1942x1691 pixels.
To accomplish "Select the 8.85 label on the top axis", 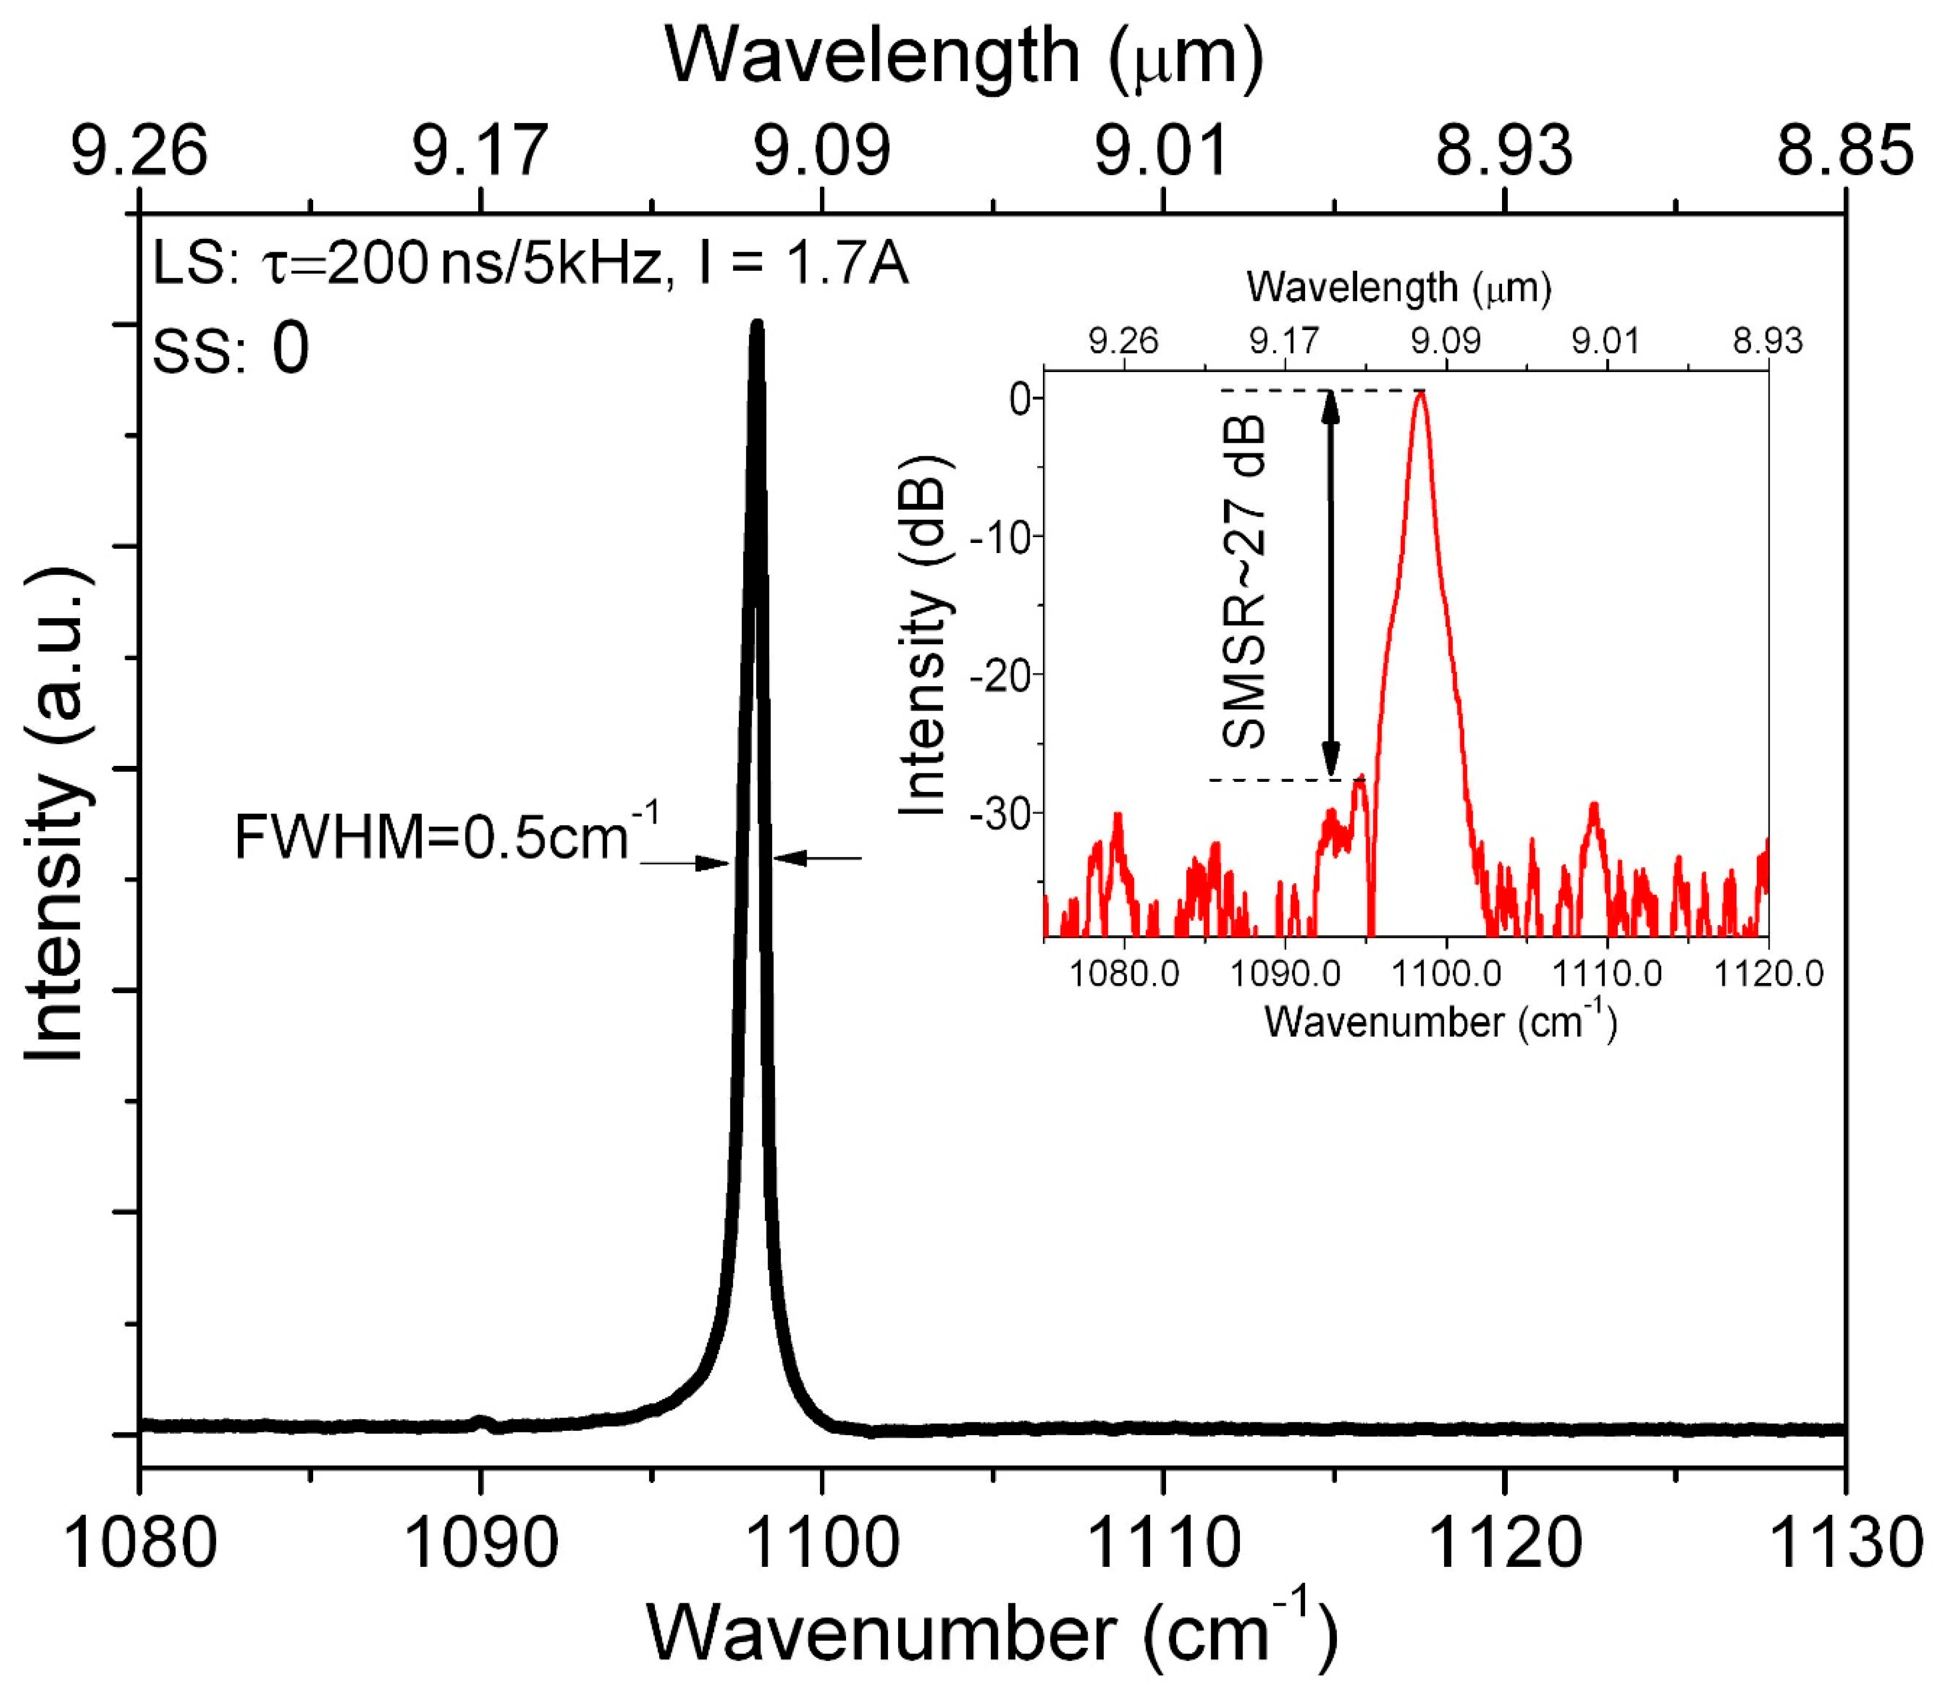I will [x=1845, y=151].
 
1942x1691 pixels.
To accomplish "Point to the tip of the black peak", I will [x=756, y=325].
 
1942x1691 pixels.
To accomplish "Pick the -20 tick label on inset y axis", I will [x=1002, y=674].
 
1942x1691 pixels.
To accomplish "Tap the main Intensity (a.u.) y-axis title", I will [x=57, y=814].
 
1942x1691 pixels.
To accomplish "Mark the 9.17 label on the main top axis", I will [x=480, y=151].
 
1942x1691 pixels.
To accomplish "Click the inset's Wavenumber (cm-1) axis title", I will [x=1441, y=1022].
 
